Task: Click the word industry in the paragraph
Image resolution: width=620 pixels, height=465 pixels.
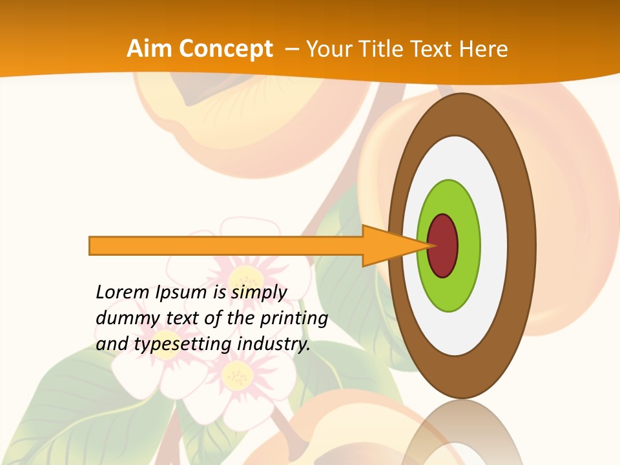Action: [x=274, y=344]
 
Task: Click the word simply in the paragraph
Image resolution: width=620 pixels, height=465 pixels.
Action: [x=258, y=293]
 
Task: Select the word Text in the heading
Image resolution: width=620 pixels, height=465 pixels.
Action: [x=432, y=49]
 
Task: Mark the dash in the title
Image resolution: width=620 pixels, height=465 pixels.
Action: [x=292, y=49]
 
